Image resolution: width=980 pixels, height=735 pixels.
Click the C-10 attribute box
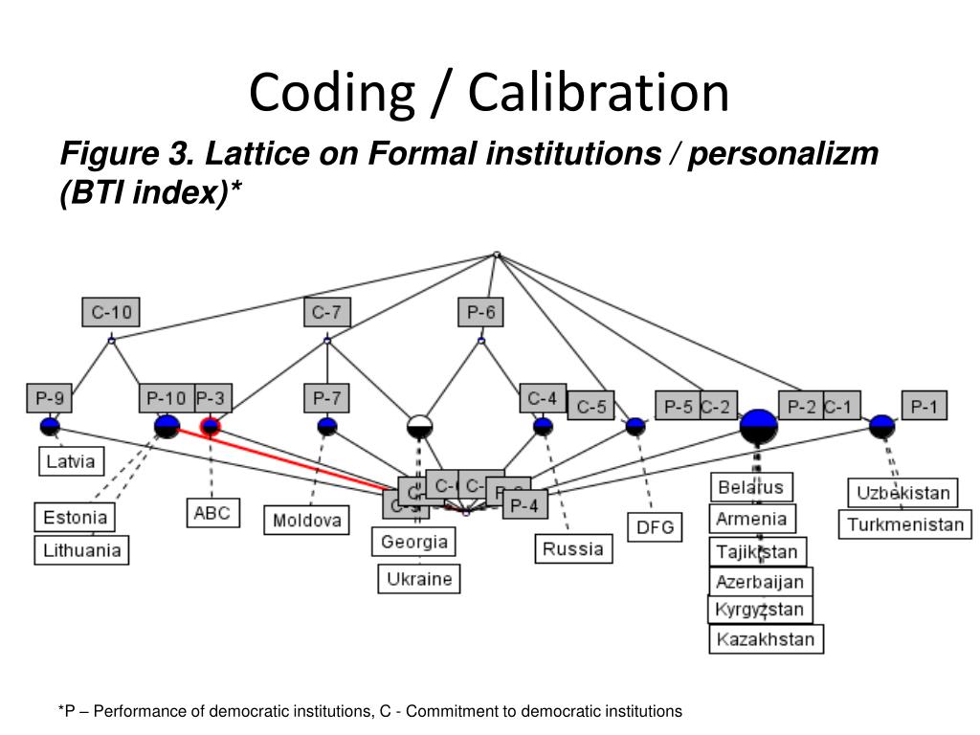111,312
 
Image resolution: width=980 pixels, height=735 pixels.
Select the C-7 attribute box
326,312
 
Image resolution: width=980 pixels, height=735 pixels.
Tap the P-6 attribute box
480,312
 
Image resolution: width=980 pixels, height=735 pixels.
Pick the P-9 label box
49,398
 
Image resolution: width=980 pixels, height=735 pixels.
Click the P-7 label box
326,398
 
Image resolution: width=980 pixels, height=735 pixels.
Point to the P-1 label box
924,407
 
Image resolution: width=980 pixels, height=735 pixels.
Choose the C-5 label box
590,407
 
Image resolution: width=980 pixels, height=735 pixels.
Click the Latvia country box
70,461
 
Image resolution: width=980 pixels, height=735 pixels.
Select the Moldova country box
307,521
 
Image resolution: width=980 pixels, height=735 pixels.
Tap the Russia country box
573,548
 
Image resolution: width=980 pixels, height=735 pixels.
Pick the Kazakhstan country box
766,639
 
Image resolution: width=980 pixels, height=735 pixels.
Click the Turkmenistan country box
904,524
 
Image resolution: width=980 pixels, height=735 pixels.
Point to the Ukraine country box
419,579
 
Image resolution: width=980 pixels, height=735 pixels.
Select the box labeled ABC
212,512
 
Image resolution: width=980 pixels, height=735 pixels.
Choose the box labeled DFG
655,526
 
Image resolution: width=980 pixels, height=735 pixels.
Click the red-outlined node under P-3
210,427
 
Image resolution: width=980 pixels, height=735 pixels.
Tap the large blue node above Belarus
758,427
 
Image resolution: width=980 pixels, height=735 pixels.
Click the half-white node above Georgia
419,427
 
